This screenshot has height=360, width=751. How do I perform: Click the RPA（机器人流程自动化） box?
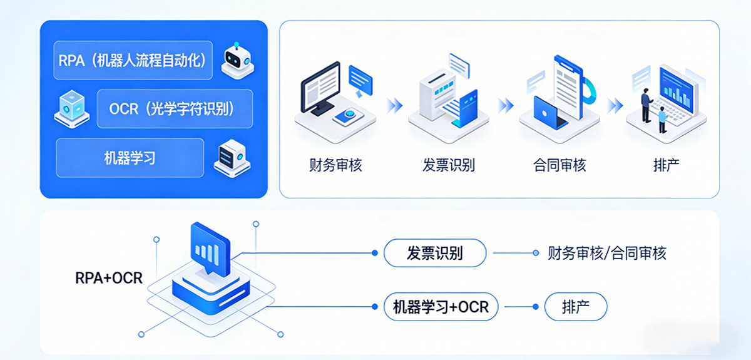click(133, 61)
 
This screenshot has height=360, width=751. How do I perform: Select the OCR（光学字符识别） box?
click(175, 109)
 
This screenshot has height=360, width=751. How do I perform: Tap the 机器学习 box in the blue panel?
click(130, 158)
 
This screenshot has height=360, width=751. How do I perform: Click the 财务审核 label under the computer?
click(335, 166)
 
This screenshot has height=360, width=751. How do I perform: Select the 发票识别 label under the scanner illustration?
click(448, 166)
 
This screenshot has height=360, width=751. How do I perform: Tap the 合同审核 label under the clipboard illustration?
click(559, 166)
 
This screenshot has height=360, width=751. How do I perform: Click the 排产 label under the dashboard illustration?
click(667, 166)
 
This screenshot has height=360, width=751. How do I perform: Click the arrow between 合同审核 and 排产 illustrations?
click(615, 105)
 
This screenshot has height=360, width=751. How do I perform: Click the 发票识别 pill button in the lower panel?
click(434, 254)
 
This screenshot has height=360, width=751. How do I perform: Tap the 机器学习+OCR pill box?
click(441, 307)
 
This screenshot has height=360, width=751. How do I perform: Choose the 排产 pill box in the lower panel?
click(575, 307)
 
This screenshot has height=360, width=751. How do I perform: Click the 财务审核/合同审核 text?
click(606, 254)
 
